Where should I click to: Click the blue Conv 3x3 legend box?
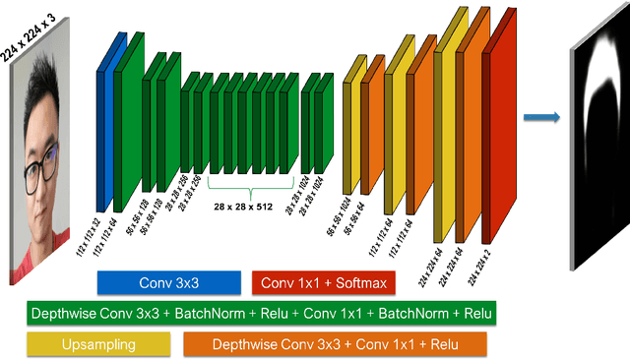[x=168, y=283]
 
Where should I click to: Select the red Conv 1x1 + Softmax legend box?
[x=323, y=283]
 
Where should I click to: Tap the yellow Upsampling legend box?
[x=96, y=344]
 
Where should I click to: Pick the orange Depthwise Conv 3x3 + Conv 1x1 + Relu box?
[x=335, y=344]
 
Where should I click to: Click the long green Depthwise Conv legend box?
[x=261, y=314]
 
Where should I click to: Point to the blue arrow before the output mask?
[x=540, y=118]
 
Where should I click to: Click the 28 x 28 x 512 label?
[x=250, y=207]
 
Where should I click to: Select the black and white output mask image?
[x=599, y=157]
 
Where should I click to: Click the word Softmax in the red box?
[x=362, y=283]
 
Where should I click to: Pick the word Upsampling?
[x=96, y=344]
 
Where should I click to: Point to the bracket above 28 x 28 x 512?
[x=250, y=190]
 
